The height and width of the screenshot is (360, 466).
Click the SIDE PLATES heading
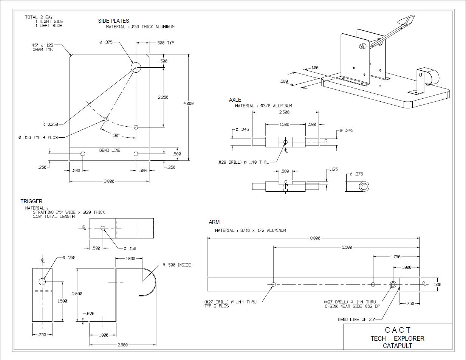pyautogui.click(x=113, y=21)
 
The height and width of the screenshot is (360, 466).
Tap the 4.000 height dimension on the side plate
pyautogui.click(x=189, y=103)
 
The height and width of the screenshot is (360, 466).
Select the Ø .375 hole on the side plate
pyautogui.click(x=136, y=68)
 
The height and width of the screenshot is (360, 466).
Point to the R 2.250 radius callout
pyautogui.click(x=50, y=124)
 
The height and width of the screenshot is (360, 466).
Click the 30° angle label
pyautogui.click(x=116, y=135)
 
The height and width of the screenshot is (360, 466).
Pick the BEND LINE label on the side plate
pyautogui.click(x=110, y=150)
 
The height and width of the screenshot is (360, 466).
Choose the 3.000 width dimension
pyautogui.click(x=109, y=182)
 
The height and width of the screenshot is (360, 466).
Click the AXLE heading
pyautogui.click(x=235, y=100)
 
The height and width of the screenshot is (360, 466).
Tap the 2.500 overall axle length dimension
pyautogui.click(x=284, y=112)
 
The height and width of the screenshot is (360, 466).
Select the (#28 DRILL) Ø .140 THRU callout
pyautogui.click(x=243, y=162)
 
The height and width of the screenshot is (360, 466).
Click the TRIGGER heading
pyautogui.click(x=31, y=201)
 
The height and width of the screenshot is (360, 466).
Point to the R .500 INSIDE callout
pyautogui.click(x=176, y=265)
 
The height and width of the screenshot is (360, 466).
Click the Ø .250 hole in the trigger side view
pyautogui.click(x=42, y=281)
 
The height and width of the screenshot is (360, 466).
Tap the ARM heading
pyautogui.click(x=214, y=222)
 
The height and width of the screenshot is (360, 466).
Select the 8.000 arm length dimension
pyautogui.click(x=315, y=238)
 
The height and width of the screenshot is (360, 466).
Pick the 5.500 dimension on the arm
pyautogui.click(x=347, y=247)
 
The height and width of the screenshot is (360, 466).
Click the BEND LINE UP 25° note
pyautogui.click(x=356, y=320)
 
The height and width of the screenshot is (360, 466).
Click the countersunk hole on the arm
pyautogui.click(x=393, y=284)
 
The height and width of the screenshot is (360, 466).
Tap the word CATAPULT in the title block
pyautogui.click(x=397, y=345)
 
